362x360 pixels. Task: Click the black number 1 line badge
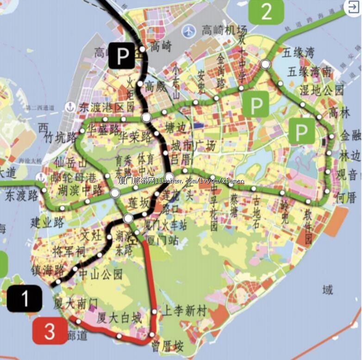(25, 298)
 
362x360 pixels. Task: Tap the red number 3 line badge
(49, 331)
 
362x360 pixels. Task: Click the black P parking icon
(122, 56)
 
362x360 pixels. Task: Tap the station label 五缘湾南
(309, 72)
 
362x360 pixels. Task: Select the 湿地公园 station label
(322, 90)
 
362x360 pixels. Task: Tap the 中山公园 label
(100, 274)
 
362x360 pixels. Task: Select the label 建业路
(47, 222)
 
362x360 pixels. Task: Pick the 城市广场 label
(193, 146)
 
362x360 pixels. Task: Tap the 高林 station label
(340, 112)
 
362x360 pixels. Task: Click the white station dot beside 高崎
(142, 49)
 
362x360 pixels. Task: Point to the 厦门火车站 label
(166, 225)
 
